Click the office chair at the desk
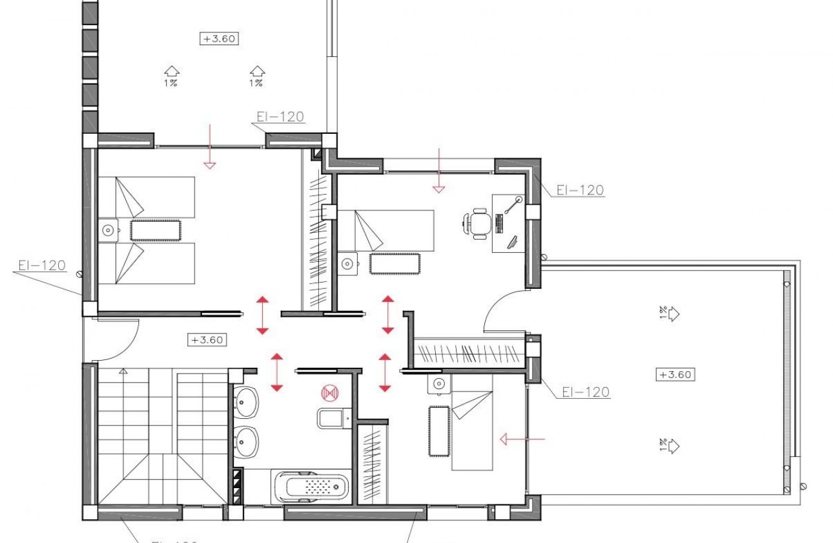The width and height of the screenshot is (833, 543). pyautogui.click(x=478, y=224)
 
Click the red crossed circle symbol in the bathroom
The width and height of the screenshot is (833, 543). pyautogui.click(x=330, y=392)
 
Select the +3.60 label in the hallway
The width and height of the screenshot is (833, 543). pyautogui.click(x=207, y=339)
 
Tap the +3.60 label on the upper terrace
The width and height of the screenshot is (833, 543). pyautogui.click(x=219, y=38)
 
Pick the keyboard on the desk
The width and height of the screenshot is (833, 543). pyautogui.click(x=500, y=224)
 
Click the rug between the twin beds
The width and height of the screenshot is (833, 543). pyautogui.click(x=155, y=230)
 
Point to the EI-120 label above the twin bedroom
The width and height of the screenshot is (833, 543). pyautogui.click(x=280, y=117)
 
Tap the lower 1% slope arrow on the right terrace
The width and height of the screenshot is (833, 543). pyautogui.click(x=673, y=445)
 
